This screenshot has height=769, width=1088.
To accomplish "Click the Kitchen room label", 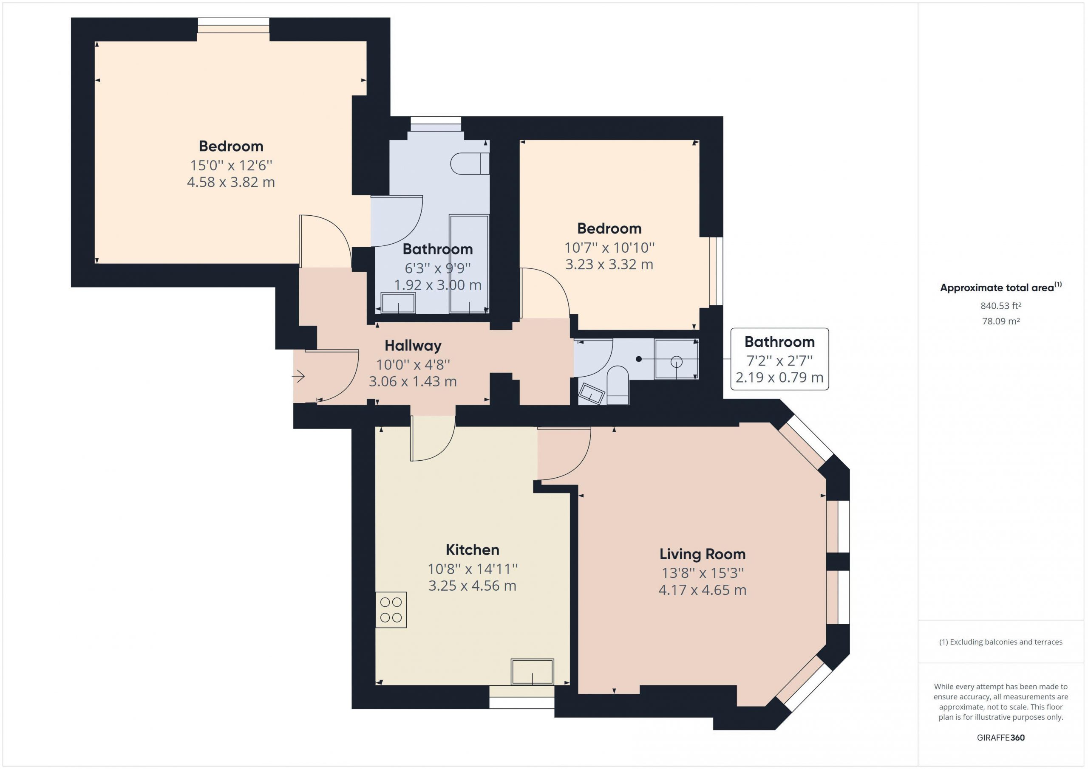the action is click(x=473, y=550).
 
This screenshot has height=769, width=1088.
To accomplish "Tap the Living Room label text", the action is click(x=702, y=554).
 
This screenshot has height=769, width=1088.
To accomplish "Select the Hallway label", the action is click(x=413, y=346).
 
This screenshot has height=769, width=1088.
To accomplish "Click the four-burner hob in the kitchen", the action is click(x=391, y=610).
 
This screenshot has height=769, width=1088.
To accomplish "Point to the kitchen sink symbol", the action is click(x=532, y=671).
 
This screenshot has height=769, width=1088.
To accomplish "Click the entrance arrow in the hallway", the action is click(x=298, y=377).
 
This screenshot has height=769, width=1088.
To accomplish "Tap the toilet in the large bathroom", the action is click(x=470, y=164).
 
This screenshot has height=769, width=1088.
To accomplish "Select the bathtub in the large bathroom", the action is click(x=469, y=264).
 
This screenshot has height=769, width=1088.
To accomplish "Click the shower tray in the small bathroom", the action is click(x=676, y=359).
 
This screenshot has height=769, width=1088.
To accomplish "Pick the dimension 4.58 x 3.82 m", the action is click(x=231, y=182).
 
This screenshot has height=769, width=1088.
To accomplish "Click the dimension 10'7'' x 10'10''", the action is click(x=609, y=248).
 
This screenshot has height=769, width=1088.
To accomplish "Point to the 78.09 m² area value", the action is click(x=1001, y=321).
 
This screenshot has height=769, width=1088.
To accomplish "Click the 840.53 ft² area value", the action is click(x=1001, y=306).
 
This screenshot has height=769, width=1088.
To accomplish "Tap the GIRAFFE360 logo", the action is click(x=1001, y=737).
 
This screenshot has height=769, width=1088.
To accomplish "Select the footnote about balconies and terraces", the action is click(x=1001, y=642).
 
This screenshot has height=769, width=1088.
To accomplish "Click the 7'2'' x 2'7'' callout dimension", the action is click(x=779, y=361).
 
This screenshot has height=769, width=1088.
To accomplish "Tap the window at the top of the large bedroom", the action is click(x=233, y=25).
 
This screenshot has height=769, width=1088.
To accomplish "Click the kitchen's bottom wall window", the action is click(x=522, y=697).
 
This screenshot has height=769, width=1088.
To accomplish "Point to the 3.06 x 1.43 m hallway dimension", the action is click(x=413, y=382).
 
